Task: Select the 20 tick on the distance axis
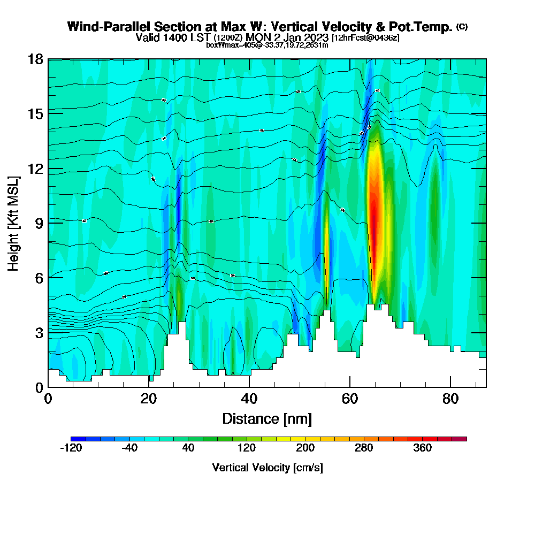[x=149, y=399]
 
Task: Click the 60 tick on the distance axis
[x=350, y=399]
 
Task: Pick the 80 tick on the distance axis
[x=450, y=399]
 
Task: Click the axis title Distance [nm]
[x=267, y=418]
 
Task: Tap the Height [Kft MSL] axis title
[x=13, y=223]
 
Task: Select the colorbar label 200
[x=305, y=448]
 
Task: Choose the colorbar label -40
[x=130, y=448]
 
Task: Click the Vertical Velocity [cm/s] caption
[x=267, y=468]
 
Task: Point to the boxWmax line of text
[x=267, y=45]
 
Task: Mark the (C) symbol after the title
[x=462, y=26]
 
